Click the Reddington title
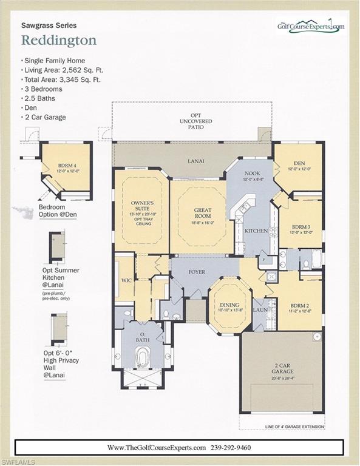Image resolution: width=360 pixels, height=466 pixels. pos(59,40)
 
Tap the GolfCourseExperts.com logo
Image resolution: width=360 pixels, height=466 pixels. pos(310,26)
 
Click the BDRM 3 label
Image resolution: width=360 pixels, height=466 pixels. pos(297,226)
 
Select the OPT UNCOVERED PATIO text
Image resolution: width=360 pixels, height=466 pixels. pos(191,121)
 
